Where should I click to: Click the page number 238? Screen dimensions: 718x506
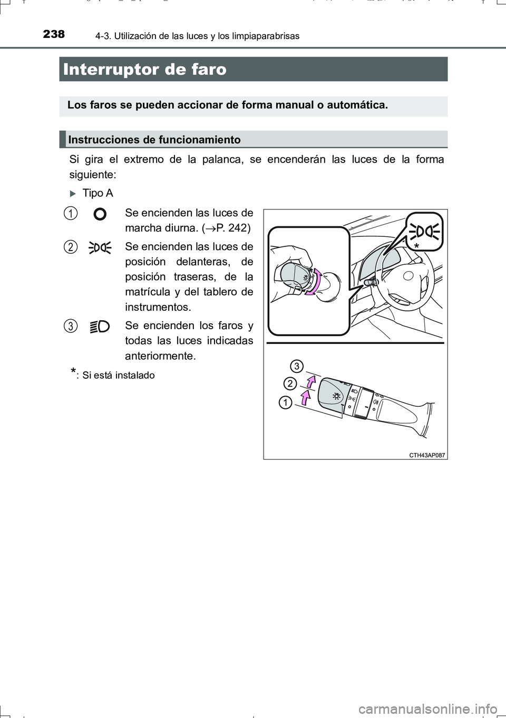point(54,34)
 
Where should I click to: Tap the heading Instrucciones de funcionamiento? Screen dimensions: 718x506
point(154,140)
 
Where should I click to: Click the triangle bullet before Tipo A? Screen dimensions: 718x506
point(73,194)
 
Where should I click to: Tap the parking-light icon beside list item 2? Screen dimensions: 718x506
point(100,247)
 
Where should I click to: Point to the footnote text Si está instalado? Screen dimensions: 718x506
point(119,375)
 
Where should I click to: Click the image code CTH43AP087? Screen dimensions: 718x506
point(427,455)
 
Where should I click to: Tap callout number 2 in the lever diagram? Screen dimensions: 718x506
point(289,384)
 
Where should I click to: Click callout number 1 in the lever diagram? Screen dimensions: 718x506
point(285,403)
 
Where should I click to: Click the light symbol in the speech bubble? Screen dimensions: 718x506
point(425,231)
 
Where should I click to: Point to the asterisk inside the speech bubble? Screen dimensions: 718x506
point(416,247)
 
